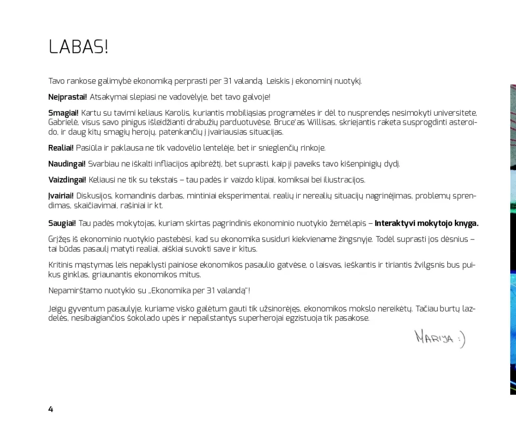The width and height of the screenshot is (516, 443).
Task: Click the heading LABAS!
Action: click(x=78, y=47)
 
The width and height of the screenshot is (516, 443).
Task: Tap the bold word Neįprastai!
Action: click(x=67, y=97)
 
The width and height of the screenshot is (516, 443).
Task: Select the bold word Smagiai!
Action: click(x=63, y=113)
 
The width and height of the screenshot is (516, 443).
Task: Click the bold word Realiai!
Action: click(x=61, y=148)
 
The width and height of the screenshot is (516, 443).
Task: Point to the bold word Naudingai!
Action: click(x=67, y=164)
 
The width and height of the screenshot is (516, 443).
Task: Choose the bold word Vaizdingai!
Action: click(x=67, y=180)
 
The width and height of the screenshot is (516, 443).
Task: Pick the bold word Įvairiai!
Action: click(x=61, y=196)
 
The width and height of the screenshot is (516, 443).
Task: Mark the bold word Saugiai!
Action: click(x=62, y=223)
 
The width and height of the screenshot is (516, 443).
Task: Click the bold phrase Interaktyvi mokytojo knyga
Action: click(x=426, y=223)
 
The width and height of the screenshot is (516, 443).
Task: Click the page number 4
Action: click(x=51, y=409)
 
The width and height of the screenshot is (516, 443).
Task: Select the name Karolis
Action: click(x=178, y=113)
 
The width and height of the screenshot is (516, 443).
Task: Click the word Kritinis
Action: click(x=60, y=265)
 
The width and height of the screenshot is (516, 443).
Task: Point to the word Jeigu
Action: click(x=57, y=309)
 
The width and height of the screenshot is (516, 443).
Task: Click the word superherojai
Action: click(x=261, y=318)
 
